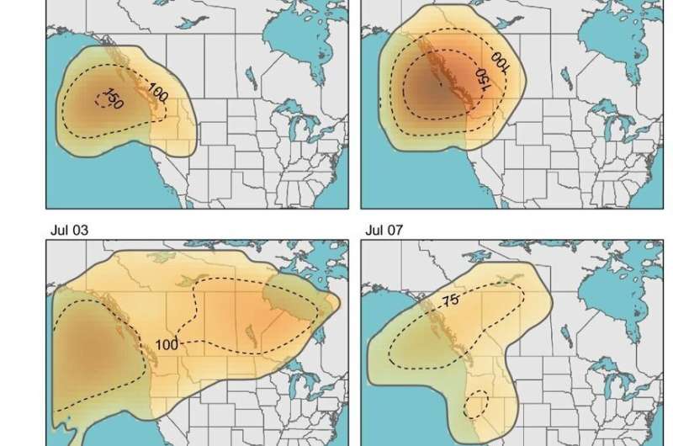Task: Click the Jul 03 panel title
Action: (x=68, y=228)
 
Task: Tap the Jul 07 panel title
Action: (x=384, y=228)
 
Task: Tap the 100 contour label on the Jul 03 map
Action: (x=167, y=344)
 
